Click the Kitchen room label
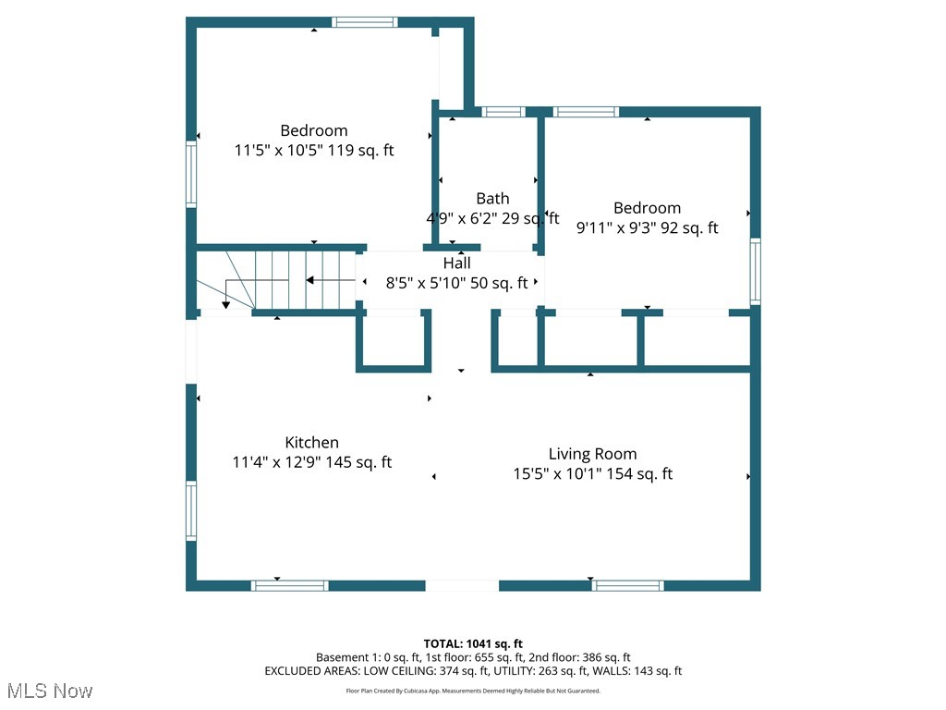coord(311,443)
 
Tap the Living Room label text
coord(592,454)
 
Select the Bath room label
coord(492,199)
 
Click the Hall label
coord(456,263)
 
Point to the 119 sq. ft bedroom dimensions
coord(314,150)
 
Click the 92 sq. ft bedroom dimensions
coord(647,227)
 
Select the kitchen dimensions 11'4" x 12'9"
coord(312,462)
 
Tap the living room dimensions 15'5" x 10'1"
coord(592,474)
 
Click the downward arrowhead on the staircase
coord(226,304)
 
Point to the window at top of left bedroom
coord(365,22)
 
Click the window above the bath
coord(503,112)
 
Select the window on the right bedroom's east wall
coord(756,271)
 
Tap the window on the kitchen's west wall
coord(191,511)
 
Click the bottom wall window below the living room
coord(627,585)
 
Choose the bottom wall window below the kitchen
coord(290,585)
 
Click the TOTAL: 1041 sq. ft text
coord(473,643)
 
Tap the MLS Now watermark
coord(50,691)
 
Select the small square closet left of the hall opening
coord(394,341)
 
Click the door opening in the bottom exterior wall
coord(462,585)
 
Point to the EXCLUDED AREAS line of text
coord(473,671)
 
